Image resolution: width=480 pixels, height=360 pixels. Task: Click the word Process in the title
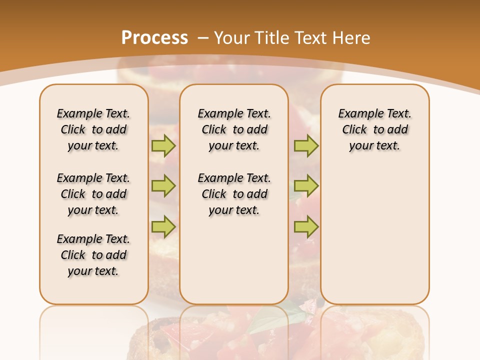click(x=154, y=38)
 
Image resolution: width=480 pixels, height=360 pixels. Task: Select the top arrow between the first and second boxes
click(x=163, y=145)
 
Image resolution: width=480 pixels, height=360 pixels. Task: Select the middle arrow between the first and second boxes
click(x=163, y=186)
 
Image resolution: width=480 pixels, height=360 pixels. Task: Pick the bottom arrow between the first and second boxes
click(x=163, y=226)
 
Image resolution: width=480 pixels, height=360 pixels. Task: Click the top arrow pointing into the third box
click(x=306, y=145)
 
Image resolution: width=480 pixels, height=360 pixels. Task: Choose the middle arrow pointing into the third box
click(x=306, y=186)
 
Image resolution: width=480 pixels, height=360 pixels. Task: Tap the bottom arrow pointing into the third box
click(x=306, y=226)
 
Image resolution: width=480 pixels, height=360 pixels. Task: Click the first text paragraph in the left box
click(x=93, y=129)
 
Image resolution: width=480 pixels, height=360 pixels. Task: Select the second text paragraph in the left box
click(x=93, y=194)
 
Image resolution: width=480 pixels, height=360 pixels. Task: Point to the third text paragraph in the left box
click(x=93, y=255)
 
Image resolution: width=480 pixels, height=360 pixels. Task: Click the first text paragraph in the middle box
click(x=234, y=129)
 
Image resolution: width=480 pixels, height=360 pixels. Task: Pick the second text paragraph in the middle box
click(x=234, y=194)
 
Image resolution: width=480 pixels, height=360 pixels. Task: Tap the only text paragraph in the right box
click(x=375, y=129)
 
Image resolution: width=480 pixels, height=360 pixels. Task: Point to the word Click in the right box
click(x=354, y=130)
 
